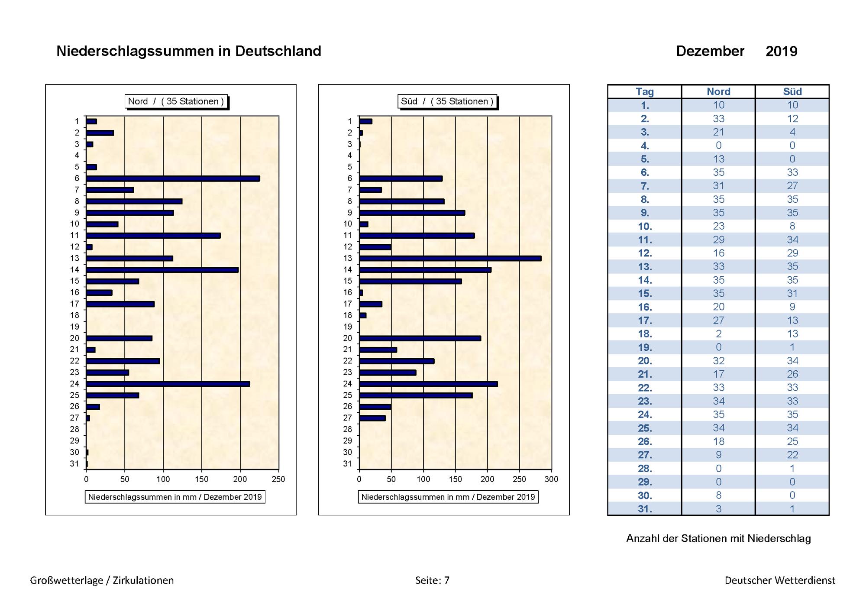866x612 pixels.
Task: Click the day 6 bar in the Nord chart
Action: point(173,178)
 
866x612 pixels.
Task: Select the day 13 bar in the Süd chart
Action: point(450,259)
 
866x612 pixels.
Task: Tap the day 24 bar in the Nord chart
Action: point(168,384)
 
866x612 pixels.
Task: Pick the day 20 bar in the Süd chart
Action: point(420,338)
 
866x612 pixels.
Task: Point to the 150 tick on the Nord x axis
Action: point(202,479)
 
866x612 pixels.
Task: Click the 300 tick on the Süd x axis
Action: point(551,479)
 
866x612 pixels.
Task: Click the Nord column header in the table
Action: point(718,92)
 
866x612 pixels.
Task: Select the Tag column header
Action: point(645,92)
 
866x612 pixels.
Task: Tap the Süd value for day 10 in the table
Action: point(792,226)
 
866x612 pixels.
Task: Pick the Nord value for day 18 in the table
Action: point(719,334)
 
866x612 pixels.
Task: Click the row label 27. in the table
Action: point(645,455)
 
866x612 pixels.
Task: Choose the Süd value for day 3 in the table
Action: point(792,132)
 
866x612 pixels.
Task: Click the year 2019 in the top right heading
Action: point(782,52)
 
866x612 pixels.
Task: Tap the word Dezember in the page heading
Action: point(710,51)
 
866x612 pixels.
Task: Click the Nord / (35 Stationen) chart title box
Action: point(176,101)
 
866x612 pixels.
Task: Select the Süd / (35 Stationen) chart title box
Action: point(447,101)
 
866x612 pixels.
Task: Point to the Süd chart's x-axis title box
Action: point(448,497)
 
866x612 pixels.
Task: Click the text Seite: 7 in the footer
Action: point(432,580)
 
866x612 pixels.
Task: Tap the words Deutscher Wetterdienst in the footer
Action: point(780,580)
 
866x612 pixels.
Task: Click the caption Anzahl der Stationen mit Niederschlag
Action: point(718,538)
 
